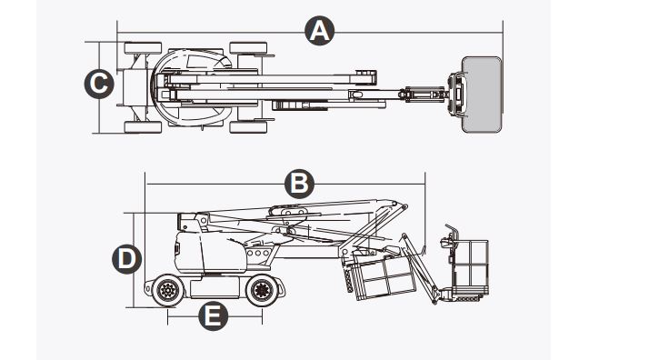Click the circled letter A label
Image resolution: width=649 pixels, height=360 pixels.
317,31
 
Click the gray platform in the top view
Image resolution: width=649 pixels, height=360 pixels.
481,94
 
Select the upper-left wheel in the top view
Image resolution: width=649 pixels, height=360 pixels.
142,47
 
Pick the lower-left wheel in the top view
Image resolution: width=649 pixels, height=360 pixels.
142,126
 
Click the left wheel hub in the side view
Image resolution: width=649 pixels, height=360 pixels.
167,291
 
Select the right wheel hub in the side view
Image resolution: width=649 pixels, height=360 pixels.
262,291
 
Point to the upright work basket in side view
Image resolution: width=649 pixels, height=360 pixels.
469,264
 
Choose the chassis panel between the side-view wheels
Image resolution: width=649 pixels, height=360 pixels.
215,290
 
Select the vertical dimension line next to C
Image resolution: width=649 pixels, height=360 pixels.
118,86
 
